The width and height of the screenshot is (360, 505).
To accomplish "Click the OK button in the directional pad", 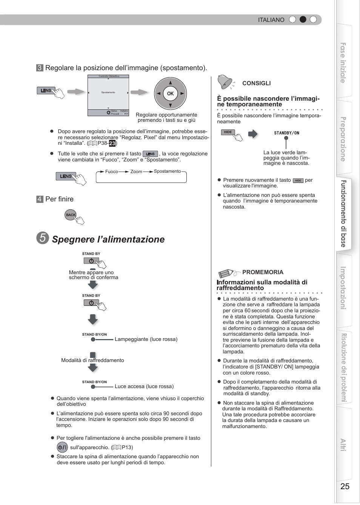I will pyautogui.click(x=170, y=94).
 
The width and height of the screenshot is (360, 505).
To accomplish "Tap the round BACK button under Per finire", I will pyautogui.click(x=71, y=215).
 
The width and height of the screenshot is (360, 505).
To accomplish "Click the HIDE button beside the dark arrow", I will pyautogui.click(x=228, y=132).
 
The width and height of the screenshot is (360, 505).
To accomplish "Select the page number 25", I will pyautogui.click(x=345, y=486).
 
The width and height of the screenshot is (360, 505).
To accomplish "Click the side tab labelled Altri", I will pyautogui.click(x=343, y=445).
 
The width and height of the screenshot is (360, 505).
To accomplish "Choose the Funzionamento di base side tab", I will pyautogui.click(x=343, y=213).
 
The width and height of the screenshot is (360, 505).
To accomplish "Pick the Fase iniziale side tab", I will pyautogui.click(x=343, y=63).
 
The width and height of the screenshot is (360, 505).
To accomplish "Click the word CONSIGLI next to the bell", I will pyautogui.click(x=256, y=83).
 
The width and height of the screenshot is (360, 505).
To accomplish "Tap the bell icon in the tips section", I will pyautogui.click(x=225, y=82).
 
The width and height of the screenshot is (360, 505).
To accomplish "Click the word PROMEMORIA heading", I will pyautogui.click(x=263, y=272).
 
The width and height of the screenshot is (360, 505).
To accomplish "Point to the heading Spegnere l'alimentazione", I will pyautogui.click(x=108, y=239).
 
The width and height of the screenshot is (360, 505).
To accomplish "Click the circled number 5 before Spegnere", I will pyautogui.click(x=43, y=238).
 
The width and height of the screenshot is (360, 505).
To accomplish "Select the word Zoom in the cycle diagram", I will pyautogui.click(x=136, y=172).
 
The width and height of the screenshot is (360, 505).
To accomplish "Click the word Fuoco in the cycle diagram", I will pyautogui.click(x=112, y=172).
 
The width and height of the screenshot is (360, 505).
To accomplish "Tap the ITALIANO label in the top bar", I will pyautogui.click(x=271, y=20).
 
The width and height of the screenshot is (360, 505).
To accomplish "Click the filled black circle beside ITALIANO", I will pyautogui.click(x=303, y=20).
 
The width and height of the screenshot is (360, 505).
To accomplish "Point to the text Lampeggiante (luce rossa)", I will pyautogui.click(x=146, y=339).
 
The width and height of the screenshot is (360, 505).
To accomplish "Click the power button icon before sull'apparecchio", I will pyautogui.click(x=62, y=447).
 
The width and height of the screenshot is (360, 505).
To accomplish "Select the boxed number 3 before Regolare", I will pyautogui.click(x=40, y=68).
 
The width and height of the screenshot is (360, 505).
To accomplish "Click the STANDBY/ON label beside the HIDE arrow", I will pyautogui.click(x=286, y=133).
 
